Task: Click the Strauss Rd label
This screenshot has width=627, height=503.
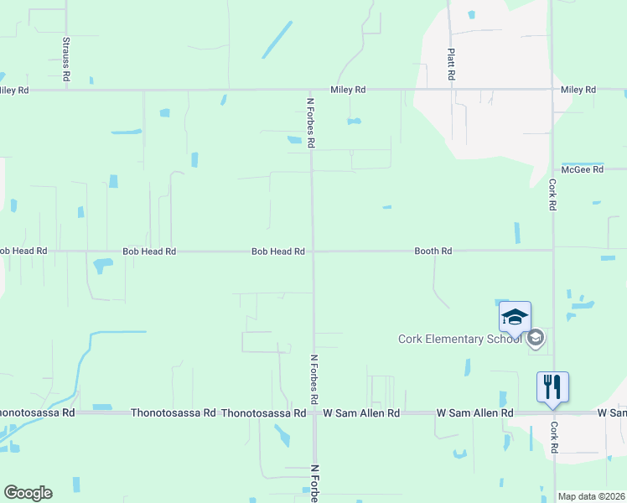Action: click(65, 59)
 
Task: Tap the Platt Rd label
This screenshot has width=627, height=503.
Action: click(451, 63)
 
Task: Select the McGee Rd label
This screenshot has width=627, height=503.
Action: click(583, 169)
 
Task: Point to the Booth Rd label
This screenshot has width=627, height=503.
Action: click(433, 251)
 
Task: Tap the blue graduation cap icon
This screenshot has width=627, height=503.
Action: click(515, 316)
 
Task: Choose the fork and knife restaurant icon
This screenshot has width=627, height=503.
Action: click(552, 386)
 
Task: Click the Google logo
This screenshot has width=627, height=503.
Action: click(28, 493)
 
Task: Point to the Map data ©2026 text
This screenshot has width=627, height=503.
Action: click(590, 496)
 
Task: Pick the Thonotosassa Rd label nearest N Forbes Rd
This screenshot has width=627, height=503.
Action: click(263, 413)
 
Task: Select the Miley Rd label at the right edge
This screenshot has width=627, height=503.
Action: click(578, 90)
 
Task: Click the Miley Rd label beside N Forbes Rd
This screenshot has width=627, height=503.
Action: click(348, 90)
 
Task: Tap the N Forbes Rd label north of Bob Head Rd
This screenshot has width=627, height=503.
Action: click(310, 123)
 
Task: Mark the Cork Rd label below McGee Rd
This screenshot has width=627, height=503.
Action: click(553, 194)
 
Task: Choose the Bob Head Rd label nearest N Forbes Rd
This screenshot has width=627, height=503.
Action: click(277, 251)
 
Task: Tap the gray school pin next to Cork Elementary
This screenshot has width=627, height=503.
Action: click(536, 338)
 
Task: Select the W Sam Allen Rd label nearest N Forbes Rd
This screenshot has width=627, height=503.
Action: click(353, 413)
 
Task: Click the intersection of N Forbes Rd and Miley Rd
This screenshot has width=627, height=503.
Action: click(311, 90)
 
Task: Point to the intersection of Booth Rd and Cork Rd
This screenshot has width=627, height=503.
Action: click(552, 250)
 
